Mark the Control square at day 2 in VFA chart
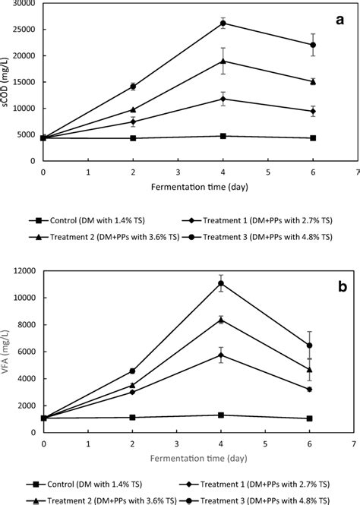[x=132, y=417]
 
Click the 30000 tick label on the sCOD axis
[x=24, y=4]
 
